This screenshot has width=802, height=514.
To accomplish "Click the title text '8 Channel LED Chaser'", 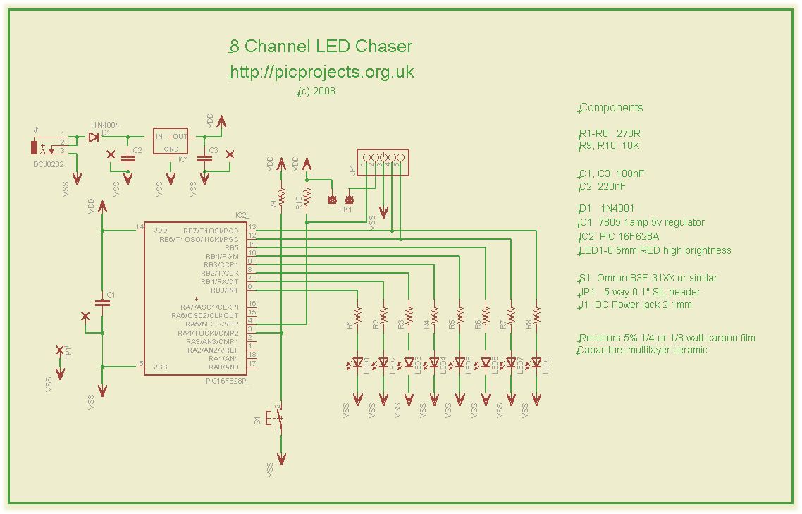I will click(x=321, y=47).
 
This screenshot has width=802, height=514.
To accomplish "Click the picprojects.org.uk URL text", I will click(x=322, y=72).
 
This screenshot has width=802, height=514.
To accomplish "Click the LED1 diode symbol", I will click(x=358, y=364).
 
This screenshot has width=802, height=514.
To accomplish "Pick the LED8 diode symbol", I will click(x=536, y=364).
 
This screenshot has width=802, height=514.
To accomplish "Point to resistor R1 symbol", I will click(x=358, y=313).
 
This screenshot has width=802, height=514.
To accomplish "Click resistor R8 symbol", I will click(x=536, y=313).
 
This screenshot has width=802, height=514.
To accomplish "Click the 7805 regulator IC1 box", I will click(x=171, y=142).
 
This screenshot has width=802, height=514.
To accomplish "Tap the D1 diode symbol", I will click(x=93, y=137).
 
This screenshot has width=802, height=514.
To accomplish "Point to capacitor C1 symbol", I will click(x=103, y=302).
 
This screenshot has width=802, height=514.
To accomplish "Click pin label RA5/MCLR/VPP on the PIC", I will click(x=211, y=324).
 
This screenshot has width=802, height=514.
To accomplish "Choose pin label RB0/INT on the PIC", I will click(x=223, y=290).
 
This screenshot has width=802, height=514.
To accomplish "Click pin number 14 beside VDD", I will click(x=140, y=227).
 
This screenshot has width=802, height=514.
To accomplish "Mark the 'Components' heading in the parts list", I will click(x=611, y=108).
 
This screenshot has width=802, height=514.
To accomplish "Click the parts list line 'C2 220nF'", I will click(x=603, y=187).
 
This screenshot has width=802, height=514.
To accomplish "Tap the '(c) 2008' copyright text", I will click(x=316, y=92).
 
